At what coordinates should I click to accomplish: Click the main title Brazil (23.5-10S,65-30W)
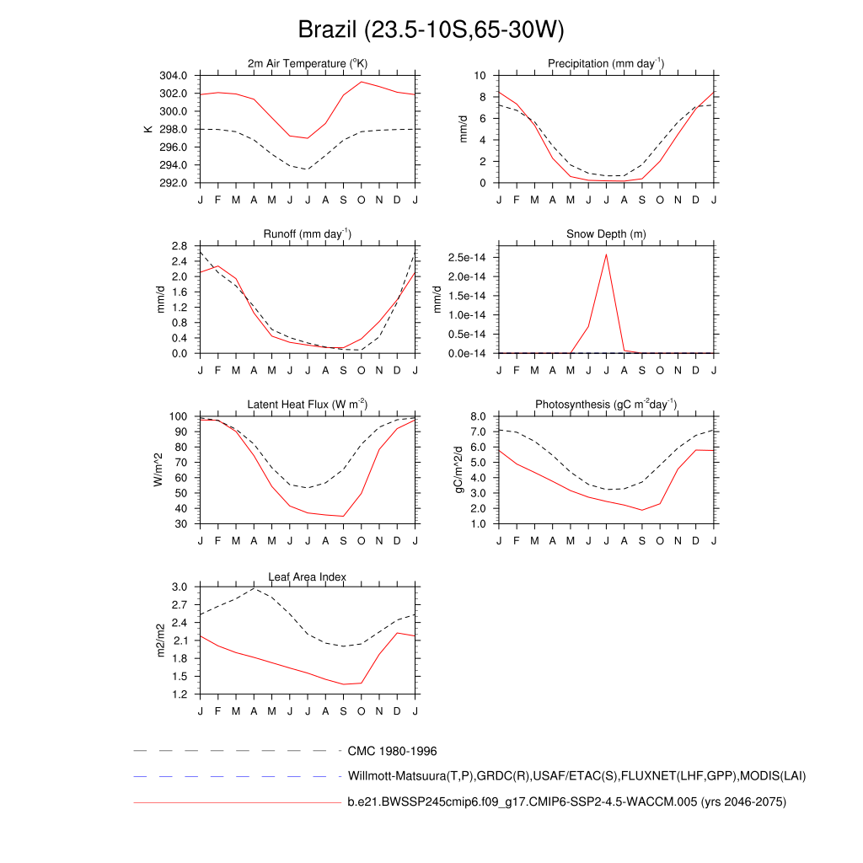click(x=431, y=30)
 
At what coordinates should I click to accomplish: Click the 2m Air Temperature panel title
click(x=308, y=64)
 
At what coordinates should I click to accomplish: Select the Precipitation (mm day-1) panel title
click(x=606, y=64)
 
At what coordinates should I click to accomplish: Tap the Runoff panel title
click(x=308, y=234)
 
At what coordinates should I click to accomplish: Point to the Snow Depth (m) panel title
click(x=606, y=234)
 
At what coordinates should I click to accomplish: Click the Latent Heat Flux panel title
click(x=308, y=405)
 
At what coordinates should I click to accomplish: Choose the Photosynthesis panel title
click(x=606, y=405)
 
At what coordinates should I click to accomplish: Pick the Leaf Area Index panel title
click(x=308, y=576)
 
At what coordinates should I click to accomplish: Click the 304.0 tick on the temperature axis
click(x=174, y=76)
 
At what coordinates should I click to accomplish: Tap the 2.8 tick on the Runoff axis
click(x=179, y=246)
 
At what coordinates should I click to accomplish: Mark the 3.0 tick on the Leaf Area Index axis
click(x=179, y=587)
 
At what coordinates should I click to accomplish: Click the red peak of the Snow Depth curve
click(x=606, y=255)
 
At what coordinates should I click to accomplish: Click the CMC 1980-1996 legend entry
click(x=392, y=750)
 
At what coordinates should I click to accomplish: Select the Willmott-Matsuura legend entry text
click(x=577, y=775)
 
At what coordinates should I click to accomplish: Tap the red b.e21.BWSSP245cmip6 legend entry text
click(x=566, y=802)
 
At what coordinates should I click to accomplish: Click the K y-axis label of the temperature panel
click(x=148, y=129)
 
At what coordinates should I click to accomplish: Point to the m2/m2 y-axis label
click(x=161, y=641)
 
